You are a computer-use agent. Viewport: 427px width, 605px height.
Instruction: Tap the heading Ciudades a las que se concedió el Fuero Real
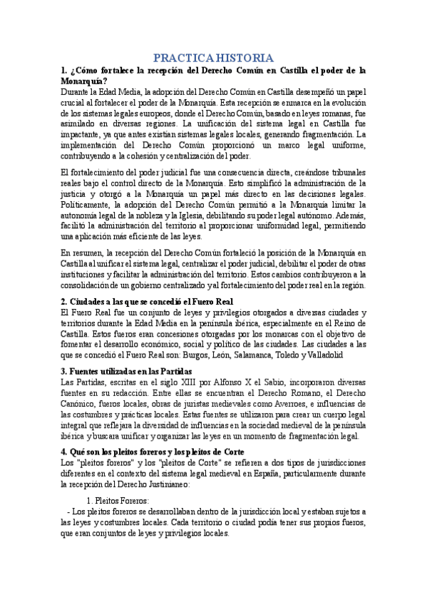(x=143, y=302)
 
